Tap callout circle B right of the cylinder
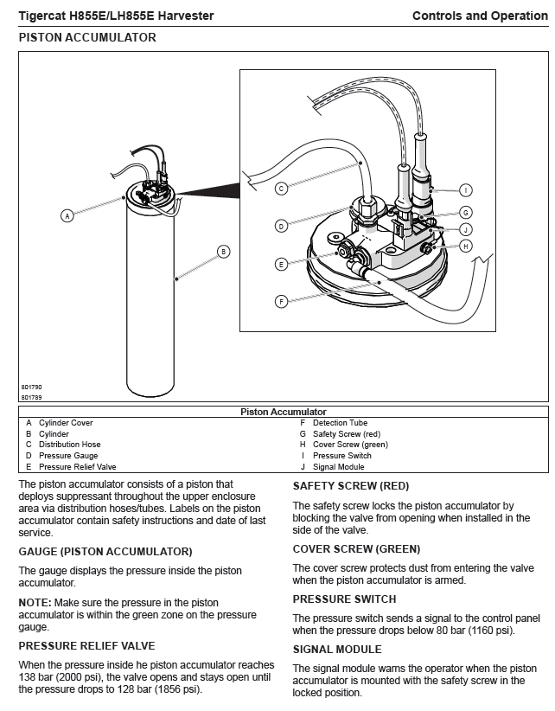(x=223, y=252)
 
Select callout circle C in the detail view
(x=280, y=188)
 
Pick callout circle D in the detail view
(x=280, y=226)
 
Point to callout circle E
(x=280, y=264)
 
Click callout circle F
(x=280, y=301)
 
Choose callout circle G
(x=465, y=212)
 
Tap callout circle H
(x=465, y=246)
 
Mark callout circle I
(x=465, y=189)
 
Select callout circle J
(x=465, y=229)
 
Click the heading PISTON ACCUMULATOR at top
(x=87, y=38)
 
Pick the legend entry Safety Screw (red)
(x=346, y=433)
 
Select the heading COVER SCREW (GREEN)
(x=356, y=549)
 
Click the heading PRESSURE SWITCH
(x=344, y=599)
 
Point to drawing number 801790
(x=32, y=387)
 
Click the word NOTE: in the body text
(x=35, y=602)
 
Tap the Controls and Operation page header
(x=480, y=16)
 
